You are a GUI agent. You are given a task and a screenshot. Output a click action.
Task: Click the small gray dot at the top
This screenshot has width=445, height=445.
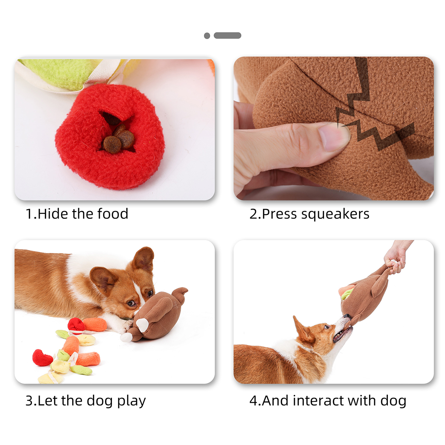[207, 36]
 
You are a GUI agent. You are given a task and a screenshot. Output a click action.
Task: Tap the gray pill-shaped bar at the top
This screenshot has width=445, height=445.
[227, 35]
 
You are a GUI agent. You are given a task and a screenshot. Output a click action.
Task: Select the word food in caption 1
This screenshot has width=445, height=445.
[113, 214]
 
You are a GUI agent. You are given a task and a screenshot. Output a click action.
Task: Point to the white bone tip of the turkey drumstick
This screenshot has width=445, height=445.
[142, 325]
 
